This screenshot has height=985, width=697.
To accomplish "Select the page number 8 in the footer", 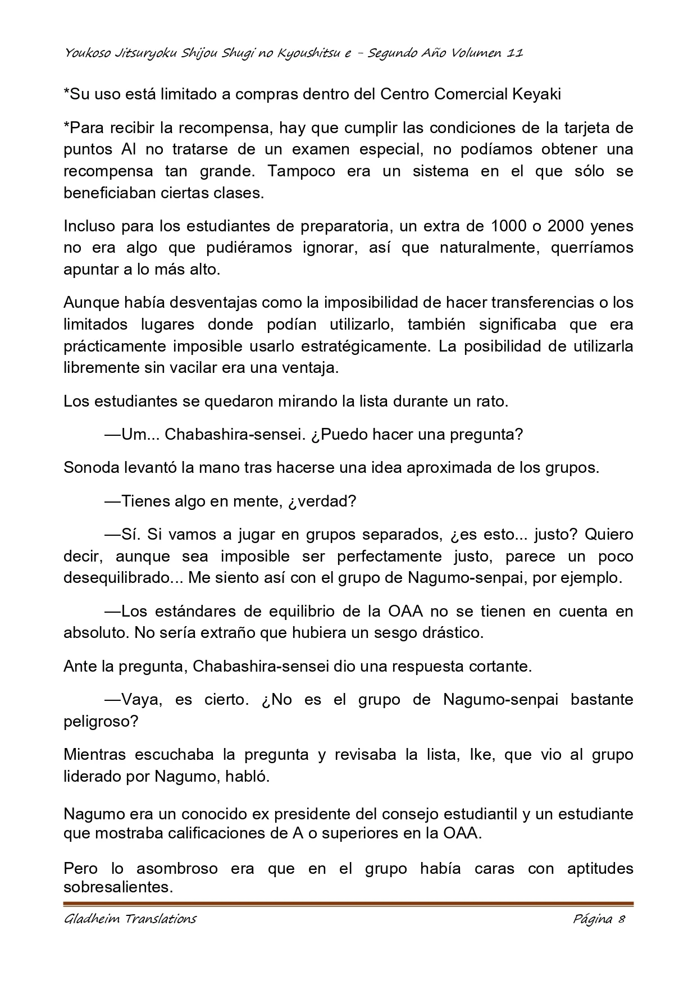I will pyautogui.click(x=621, y=919).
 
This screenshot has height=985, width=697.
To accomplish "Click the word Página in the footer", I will pyautogui.click(x=592, y=919).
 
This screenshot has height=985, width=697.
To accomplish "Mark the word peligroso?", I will pyautogui.click(x=101, y=721).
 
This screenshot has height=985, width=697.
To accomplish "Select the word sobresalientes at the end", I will pyautogui.click(x=117, y=887).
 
